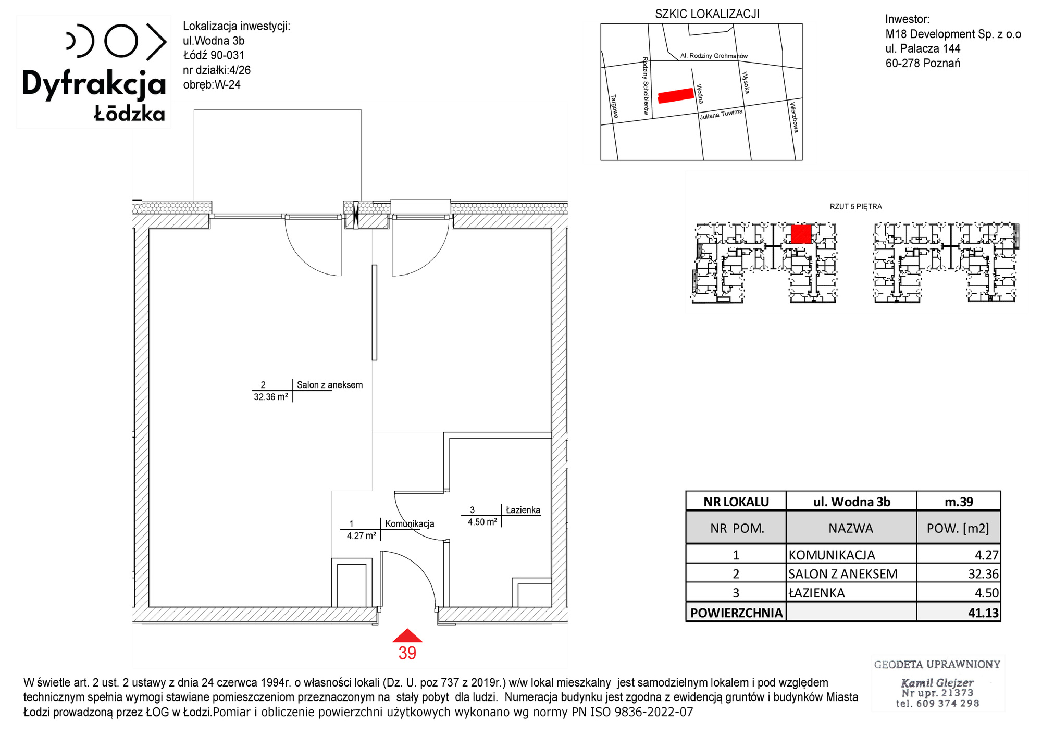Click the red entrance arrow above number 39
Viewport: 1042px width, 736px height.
click(407, 635)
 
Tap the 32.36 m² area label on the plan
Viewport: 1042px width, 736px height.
click(271, 397)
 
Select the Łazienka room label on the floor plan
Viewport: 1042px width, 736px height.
click(523, 510)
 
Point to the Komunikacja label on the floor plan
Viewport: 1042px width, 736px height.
click(410, 523)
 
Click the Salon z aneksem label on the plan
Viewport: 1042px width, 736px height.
click(330, 385)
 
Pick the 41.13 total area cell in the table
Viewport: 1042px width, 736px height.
click(983, 613)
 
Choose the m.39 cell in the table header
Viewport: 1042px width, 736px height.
click(959, 502)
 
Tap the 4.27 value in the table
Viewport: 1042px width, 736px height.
click(987, 555)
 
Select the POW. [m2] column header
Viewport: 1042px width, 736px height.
click(958, 528)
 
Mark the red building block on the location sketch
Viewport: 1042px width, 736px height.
click(676, 95)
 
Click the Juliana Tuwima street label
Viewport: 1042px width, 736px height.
click(721, 114)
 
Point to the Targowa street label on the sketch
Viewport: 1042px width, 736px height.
click(614, 106)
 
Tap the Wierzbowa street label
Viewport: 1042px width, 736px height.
click(793, 117)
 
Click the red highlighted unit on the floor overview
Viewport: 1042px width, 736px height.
click(801, 234)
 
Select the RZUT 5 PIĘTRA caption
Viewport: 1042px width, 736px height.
click(855, 207)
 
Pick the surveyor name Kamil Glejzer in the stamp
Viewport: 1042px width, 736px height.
click(937, 682)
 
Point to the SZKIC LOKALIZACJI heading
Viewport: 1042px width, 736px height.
click(707, 14)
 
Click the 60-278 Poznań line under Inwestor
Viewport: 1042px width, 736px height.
click(923, 63)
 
